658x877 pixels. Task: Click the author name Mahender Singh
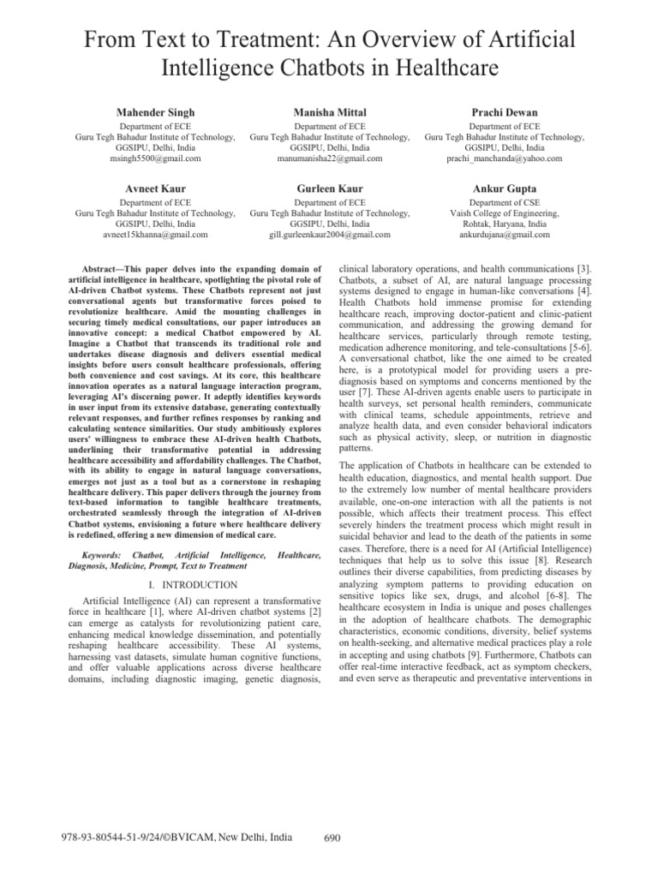point(155,112)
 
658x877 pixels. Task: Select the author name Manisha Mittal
point(329,112)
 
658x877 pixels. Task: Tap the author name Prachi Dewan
point(505,112)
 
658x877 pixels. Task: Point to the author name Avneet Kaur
point(155,188)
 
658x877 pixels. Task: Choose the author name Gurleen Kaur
point(329,188)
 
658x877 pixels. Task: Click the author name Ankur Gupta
point(505,188)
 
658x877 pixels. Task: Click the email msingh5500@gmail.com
point(155,158)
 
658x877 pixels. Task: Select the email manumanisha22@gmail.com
point(329,158)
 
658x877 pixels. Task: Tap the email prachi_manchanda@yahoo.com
point(505,158)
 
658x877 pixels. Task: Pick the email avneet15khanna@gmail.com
point(155,234)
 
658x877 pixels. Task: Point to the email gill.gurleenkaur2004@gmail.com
point(329,234)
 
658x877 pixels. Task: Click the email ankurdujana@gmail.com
point(505,234)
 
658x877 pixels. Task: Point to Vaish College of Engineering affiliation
point(505,212)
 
